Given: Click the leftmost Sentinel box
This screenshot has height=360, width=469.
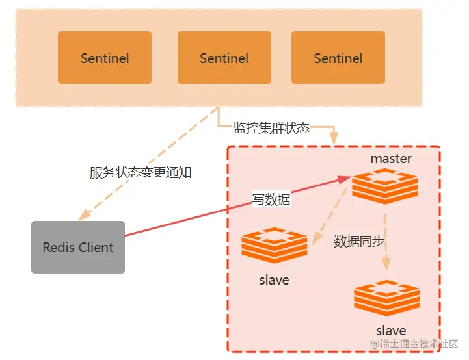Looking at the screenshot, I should (x=105, y=58).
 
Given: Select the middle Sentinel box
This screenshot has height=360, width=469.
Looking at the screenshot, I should (x=224, y=58).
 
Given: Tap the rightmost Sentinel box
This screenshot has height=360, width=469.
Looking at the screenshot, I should (x=338, y=58).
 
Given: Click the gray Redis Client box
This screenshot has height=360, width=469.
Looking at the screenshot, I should (x=78, y=247).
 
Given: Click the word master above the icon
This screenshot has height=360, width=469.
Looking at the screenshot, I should (x=391, y=159).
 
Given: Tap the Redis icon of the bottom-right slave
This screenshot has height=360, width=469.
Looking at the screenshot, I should (x=387, y=298).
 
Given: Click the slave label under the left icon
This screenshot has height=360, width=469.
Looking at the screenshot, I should (x=274, y=280).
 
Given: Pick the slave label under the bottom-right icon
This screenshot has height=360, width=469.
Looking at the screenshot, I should (x=391, y=331).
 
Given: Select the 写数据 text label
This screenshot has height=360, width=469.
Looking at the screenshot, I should (x=271, y=199).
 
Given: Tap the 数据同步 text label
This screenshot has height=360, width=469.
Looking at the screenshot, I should (x=359, y=241).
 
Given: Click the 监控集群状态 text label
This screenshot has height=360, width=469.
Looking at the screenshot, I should (x=271, y=128).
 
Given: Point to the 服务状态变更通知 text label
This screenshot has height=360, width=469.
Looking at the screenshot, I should (x=141, y=173).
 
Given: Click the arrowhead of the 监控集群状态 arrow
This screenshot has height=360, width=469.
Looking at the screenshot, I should (x=334, y=138).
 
